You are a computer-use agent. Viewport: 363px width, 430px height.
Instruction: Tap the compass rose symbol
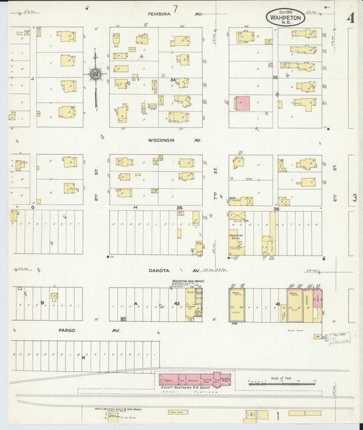[x=95, y=74]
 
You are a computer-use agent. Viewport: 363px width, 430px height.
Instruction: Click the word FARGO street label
[x=67, y=331]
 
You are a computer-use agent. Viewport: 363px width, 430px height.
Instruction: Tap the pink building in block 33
[x=242, y=103]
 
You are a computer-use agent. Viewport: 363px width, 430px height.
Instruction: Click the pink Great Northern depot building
[x=194, y=380]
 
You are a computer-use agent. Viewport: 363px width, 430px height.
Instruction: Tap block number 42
[x=176, y=303]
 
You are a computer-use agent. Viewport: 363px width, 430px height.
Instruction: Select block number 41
[x=278, y=303]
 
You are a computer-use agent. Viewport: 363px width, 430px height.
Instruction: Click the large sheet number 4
[x=351, y=18]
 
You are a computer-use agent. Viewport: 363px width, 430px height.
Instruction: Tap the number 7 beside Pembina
[x=175, y=9]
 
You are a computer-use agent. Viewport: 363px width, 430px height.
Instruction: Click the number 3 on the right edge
[x=355, y=198]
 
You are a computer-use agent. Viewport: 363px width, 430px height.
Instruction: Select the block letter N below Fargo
[x=84, y=357]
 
